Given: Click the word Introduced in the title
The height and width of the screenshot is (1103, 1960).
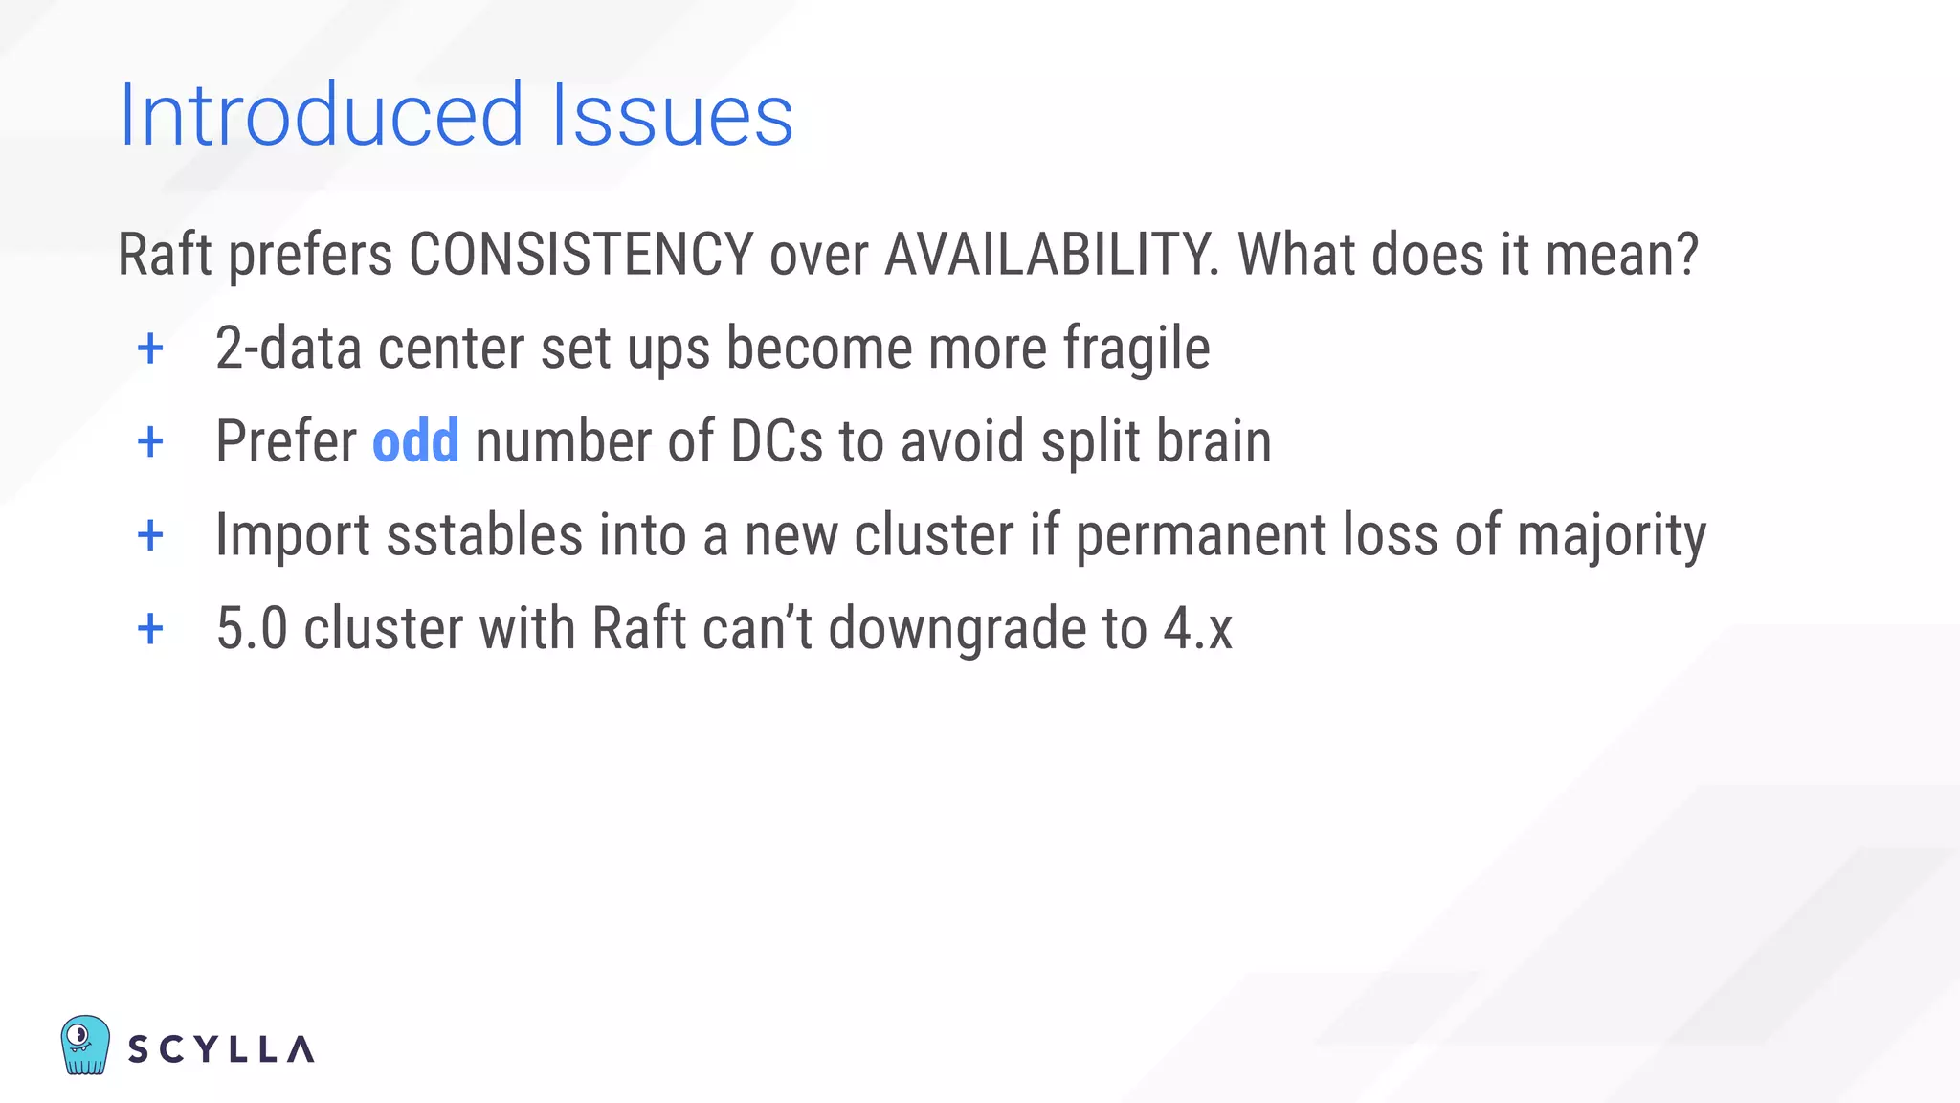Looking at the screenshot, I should pos(321,116).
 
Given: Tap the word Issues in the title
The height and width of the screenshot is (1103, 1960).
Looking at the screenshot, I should pos(672,116).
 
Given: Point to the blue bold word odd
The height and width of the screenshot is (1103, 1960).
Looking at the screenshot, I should pos(415,441).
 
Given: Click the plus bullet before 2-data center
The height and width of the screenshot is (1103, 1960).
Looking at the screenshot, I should pos(150,349).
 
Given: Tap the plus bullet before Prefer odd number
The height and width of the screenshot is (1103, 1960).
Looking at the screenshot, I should pos(150,442).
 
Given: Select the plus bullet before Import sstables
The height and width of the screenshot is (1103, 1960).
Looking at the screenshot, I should pos(150,535).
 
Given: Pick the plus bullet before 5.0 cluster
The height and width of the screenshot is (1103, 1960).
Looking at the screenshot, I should pos(150,629).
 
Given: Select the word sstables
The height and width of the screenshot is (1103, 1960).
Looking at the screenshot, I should pos(484,534).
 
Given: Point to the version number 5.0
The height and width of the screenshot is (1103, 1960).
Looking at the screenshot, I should pos(252,629).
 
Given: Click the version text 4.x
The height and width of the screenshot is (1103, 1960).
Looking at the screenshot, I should pos(1197,629).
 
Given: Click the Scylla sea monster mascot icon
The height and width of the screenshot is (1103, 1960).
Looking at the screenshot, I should pos(85,1045).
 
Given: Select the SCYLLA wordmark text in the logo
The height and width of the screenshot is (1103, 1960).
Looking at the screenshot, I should pos(221,1049).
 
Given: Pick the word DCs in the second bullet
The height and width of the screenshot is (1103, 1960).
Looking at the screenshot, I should pos(776,441).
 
